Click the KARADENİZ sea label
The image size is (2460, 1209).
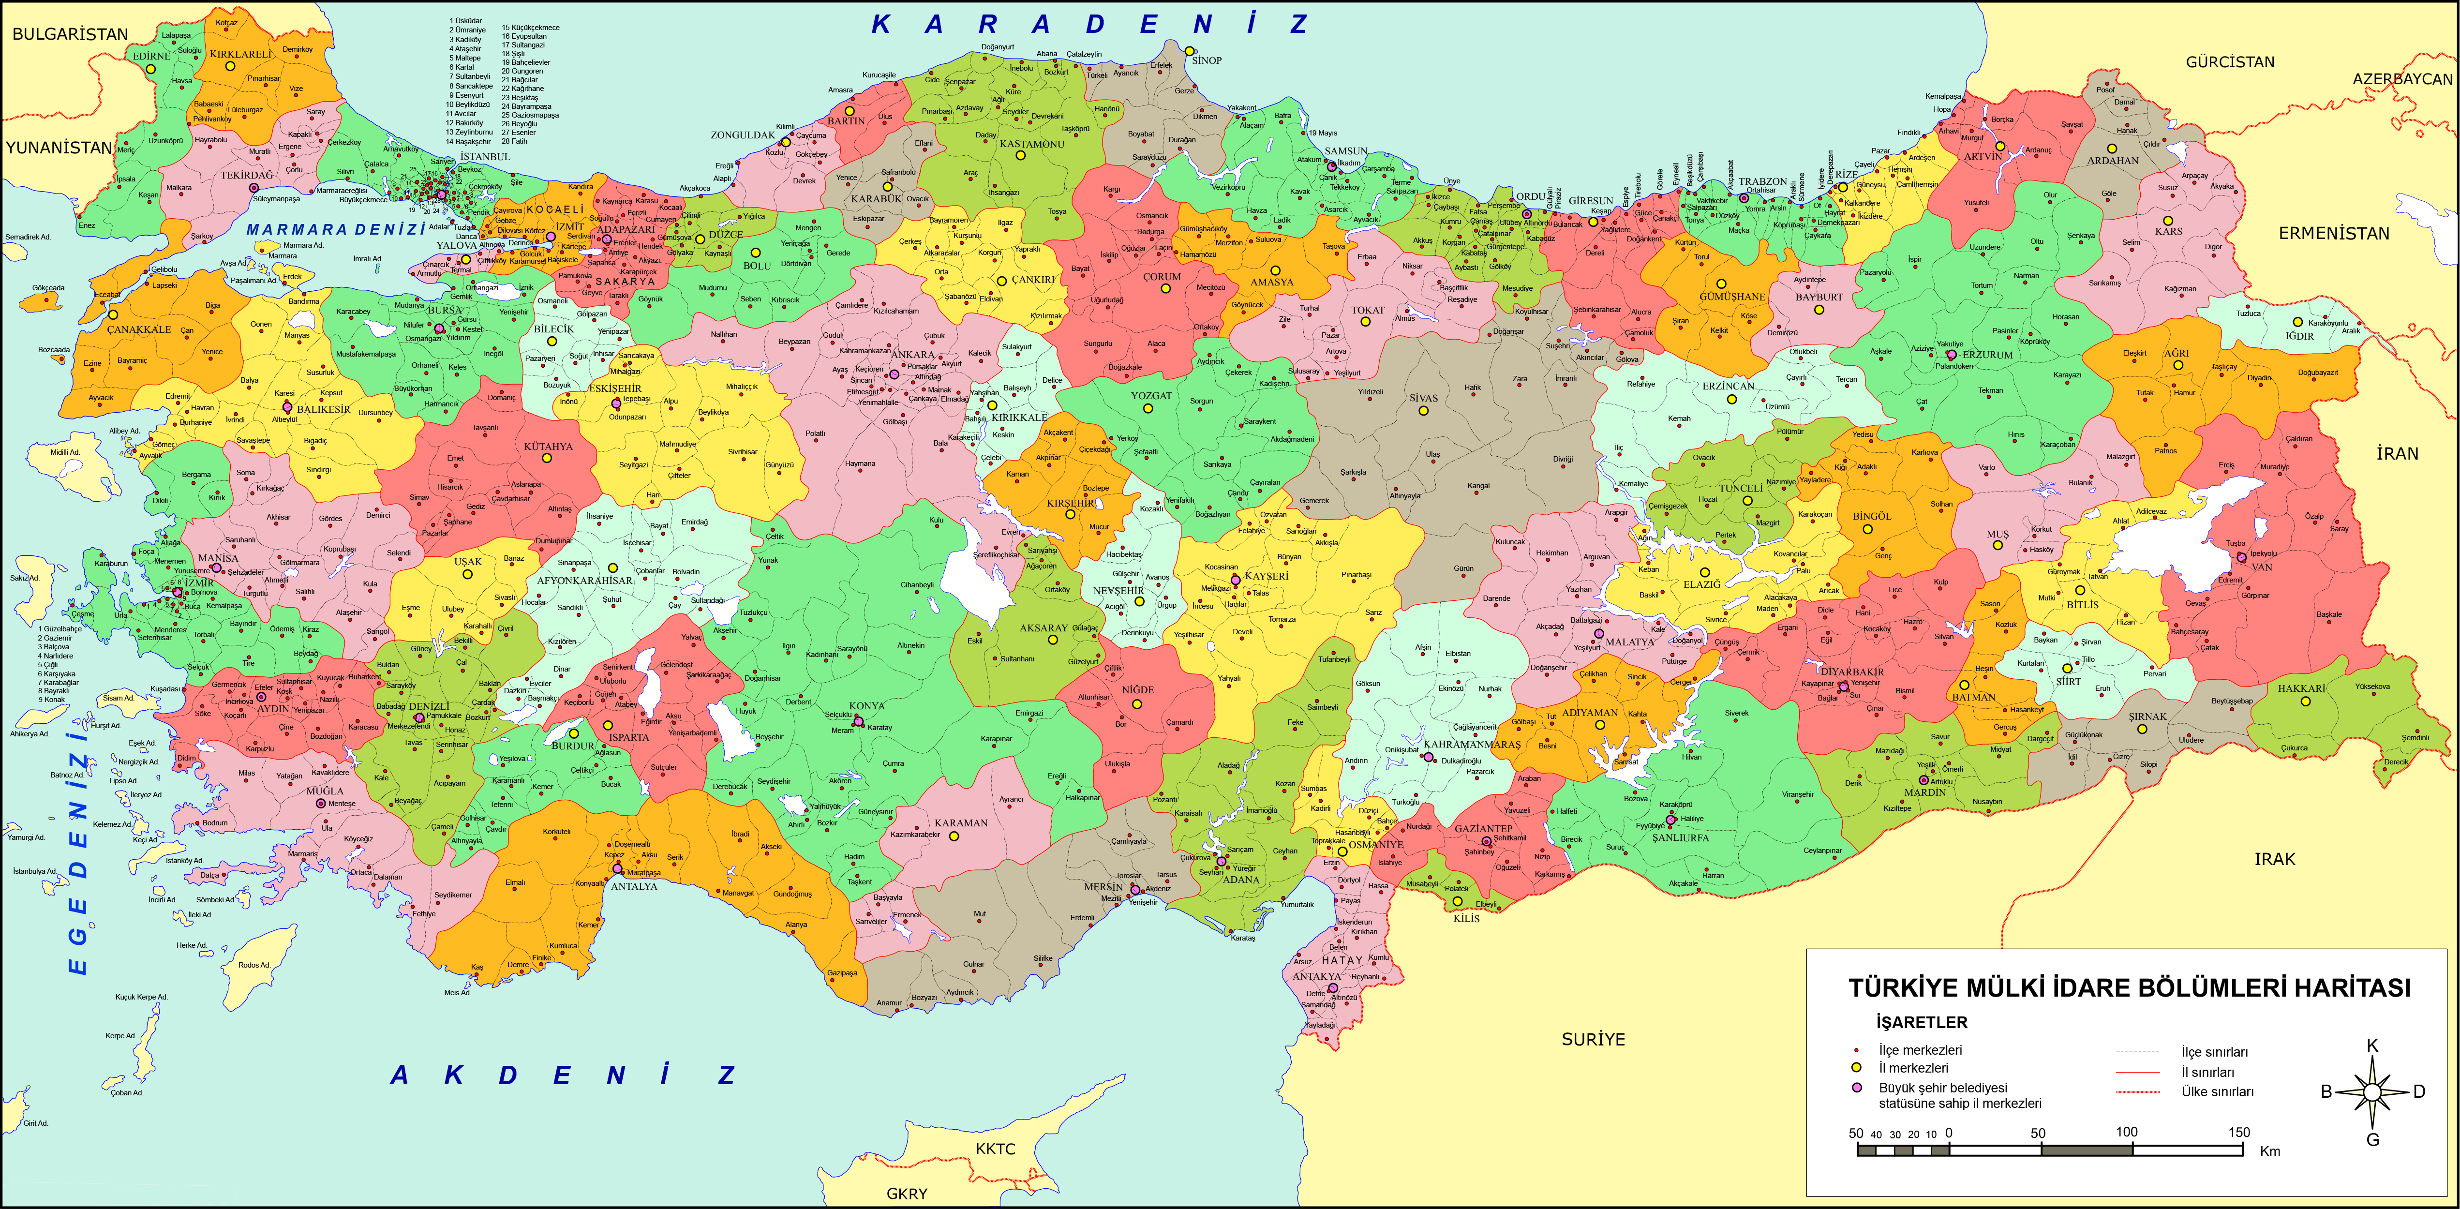1088,25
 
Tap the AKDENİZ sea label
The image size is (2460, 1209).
564,1075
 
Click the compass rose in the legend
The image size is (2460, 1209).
2372,1091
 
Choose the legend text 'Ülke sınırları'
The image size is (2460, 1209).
2217,1091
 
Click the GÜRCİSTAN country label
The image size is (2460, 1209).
2230,62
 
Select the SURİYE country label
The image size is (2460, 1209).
1593,1039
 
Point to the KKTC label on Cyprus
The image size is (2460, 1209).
995,1149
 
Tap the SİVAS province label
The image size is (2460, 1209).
1423,398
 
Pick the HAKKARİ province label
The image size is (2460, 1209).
2301,688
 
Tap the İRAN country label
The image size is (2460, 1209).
2397,454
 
